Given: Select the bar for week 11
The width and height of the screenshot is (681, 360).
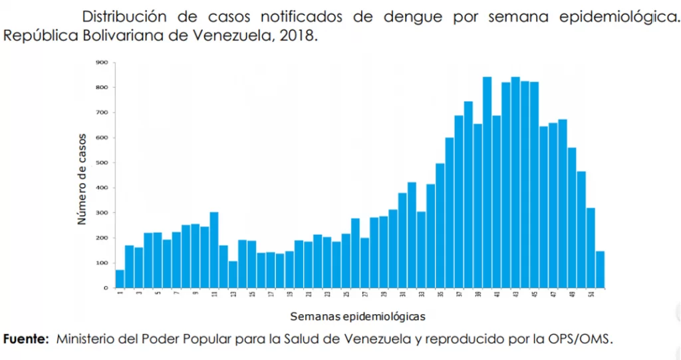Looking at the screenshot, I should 214,250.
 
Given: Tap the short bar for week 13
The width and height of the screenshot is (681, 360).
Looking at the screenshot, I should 233,274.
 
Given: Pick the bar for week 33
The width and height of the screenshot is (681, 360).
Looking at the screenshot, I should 421,250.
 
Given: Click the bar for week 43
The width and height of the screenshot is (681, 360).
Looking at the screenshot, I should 515,182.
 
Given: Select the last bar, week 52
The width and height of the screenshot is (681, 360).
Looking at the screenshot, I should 600,270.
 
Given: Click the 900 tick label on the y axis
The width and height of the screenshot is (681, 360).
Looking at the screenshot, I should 102,63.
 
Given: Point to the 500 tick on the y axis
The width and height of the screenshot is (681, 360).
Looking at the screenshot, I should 102,162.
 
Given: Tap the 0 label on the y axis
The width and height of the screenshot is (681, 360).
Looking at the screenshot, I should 105,288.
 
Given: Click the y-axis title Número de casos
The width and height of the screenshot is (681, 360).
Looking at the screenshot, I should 82,180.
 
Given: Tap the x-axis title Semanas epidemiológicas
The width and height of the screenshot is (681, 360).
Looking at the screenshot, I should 358,315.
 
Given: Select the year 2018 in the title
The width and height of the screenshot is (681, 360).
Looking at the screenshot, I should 295,35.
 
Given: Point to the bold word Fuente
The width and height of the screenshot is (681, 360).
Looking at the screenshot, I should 27,339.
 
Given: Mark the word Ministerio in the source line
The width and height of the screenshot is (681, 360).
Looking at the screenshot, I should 85,339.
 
